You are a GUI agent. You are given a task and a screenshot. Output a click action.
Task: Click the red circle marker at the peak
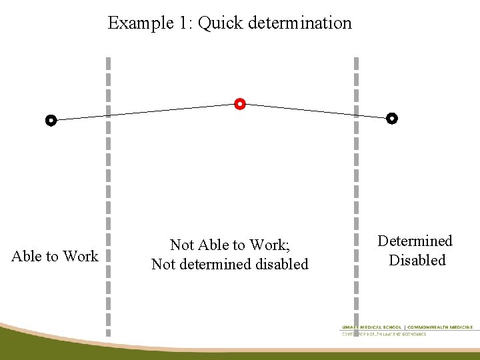(x=240, y=104)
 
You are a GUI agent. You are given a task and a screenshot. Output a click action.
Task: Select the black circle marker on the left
(x=51, y=121)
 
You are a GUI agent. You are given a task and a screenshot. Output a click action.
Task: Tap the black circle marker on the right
(x=392, y=119)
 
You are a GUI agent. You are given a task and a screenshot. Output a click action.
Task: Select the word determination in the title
(x=299, y=23)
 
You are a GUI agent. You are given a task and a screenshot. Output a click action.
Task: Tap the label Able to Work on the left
(x=55, y=256)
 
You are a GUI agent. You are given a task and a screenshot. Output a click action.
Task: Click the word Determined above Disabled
(x=415, y=241)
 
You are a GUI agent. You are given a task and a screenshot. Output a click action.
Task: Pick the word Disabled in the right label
(x=417, y=260)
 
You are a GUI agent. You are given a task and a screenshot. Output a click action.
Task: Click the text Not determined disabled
(x=229, y=264)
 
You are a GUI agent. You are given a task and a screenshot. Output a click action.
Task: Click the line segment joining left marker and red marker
(x=145, y=112)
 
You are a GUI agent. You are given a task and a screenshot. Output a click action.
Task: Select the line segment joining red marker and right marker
(x=316, y=111)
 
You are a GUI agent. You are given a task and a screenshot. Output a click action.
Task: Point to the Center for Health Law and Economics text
(x=384, y=334)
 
